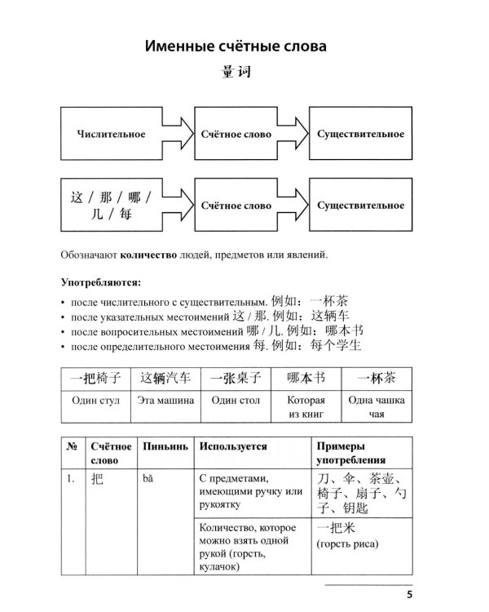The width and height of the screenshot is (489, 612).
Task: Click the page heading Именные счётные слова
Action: coord(236,47)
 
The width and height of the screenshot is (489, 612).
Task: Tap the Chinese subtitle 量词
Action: coord(236,73)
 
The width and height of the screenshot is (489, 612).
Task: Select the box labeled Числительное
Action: coord(110,133)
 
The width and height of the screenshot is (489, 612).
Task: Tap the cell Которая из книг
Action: coord(306,407)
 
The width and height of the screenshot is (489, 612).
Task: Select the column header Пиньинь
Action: coord(165,447)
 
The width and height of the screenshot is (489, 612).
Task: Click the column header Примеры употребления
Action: coord(352,455)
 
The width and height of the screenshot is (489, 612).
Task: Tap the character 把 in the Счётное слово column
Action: coord(96,479)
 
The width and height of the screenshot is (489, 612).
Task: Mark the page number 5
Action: coord(410,593)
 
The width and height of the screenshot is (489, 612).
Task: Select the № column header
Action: coord(70,447)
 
